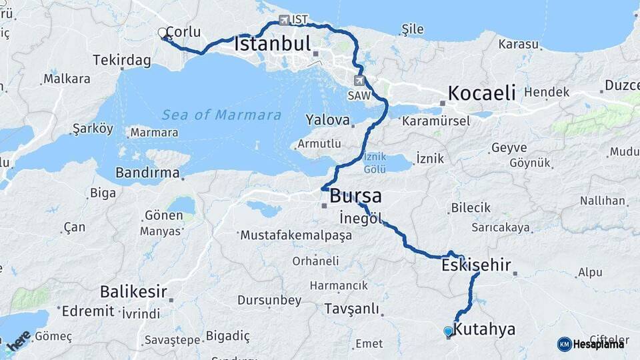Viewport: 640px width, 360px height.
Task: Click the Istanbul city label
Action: pyautogui.click(x=273, y=45)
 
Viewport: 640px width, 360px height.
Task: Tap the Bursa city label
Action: pyautogui.click(x=355, y=196)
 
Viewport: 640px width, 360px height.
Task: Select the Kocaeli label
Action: pyautogui.click(x=481, y=93)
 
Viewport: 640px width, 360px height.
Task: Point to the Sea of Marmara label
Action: pyautogui.click(x=221, y=115)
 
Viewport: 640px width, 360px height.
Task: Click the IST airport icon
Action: pyautogui.click(x=285, y=20)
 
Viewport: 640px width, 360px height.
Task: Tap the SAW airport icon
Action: pyautogui.click(x=360, y=81)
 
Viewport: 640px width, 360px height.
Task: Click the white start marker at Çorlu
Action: pyautogui.click(x=162, y=32)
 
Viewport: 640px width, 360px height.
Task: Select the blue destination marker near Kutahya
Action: pyautogui.click(x=448, y=331)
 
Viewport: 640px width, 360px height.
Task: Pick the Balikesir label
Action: pyautogui.click(x=133, y=291)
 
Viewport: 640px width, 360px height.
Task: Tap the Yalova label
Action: pyautogui.click(x=327, y=121)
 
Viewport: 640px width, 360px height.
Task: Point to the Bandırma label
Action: pyautogui.click(x=147, y=173)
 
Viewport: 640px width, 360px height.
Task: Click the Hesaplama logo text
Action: pyautogui.click(x=598, y=344)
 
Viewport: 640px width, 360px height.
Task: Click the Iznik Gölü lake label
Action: pyautogui.click(x=375, y=163)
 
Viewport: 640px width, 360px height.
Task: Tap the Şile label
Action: pyautogui.click(x=413, y=29)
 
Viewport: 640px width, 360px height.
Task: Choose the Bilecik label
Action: pyautogui.click(x=471, y=208)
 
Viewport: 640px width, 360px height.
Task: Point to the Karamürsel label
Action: pyautogui.click(x=436, y=121)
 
